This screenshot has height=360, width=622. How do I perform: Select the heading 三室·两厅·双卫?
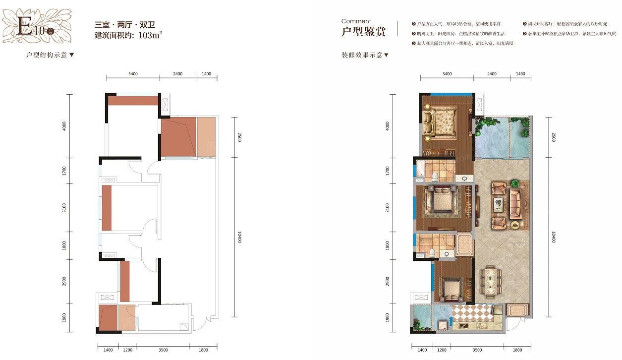click(x=121, y=25)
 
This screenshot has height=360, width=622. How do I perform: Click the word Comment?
click(x=356, y=21)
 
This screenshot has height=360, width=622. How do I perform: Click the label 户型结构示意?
click(x=47, y=55)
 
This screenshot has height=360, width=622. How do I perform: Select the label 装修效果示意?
click(x=362, y=55)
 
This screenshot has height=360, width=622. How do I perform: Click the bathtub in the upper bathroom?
click(x=420, y=168)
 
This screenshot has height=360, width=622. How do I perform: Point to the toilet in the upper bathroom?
click(x=435, y=176)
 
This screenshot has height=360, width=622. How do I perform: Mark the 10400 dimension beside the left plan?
click(x=239, y=237)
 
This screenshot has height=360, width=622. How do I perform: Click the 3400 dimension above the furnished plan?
click(x=447, y=74)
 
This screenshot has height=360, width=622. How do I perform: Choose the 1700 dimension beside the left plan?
click(x=64, y=171)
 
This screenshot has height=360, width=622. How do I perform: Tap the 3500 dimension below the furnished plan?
click(x=477, y=350)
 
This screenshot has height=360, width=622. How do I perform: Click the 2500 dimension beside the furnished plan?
click(x=553, y=137)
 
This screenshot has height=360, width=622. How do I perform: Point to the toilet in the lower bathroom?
click(x=432, y=253)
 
